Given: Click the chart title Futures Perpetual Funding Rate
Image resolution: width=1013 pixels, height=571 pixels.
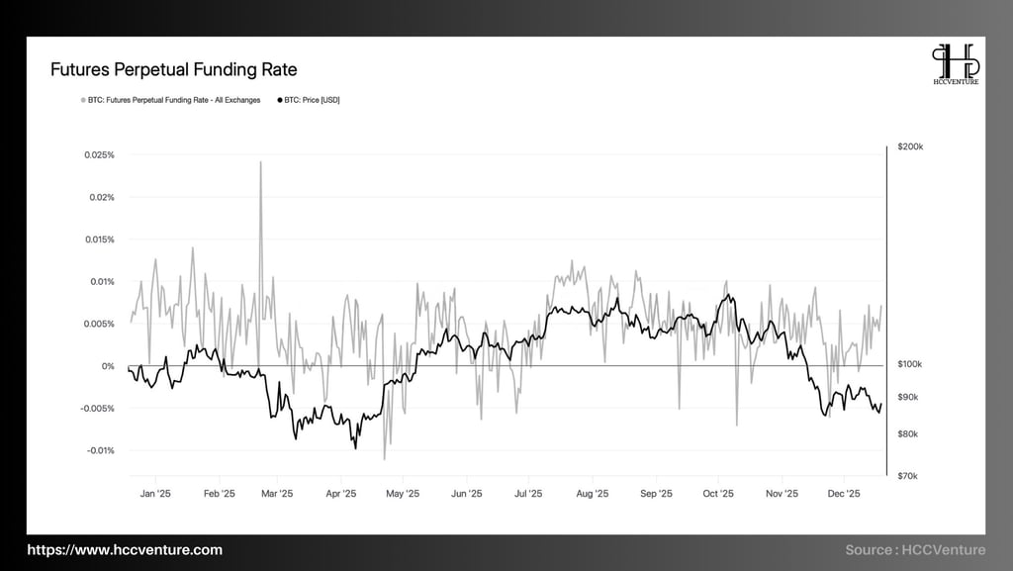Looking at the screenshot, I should (x=173, y=70).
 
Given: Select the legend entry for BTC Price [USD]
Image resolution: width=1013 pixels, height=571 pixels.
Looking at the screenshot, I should (x=311, y=100).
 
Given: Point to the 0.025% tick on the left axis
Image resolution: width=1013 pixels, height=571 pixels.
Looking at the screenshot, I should (x=100, y=155).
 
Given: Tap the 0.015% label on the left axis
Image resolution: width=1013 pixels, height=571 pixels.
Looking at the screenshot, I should (x=100, y=239).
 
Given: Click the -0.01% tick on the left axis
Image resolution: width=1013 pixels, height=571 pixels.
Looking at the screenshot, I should (x=100, y=450).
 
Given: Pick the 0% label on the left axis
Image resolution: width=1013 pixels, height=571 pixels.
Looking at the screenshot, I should (x=109, y=366).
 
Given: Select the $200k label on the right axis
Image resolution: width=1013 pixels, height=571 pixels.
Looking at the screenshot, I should (x=910, y=146).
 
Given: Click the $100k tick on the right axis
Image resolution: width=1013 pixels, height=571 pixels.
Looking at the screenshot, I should (x=910, y=364).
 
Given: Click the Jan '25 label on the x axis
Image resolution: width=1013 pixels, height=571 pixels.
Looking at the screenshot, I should (x=156, y=493).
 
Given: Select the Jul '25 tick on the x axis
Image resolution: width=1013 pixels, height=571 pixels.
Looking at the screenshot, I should (x=528, y=493).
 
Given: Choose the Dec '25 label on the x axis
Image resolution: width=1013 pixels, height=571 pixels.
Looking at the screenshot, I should (x=843, y=493).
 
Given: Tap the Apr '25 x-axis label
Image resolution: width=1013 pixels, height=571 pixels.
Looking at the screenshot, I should (x=340, y=493).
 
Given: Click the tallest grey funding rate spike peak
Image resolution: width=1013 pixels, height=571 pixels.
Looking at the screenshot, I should (x=260, y=162).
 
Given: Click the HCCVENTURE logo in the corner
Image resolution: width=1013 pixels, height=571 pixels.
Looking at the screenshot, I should (x=957, y=64).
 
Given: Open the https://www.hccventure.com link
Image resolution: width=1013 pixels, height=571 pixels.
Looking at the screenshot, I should (x=125, y=550).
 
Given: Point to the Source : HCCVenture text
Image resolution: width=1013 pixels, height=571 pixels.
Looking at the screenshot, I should (x=915, y=550).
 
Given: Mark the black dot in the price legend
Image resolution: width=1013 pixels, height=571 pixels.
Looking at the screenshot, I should (x=281, y=100).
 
